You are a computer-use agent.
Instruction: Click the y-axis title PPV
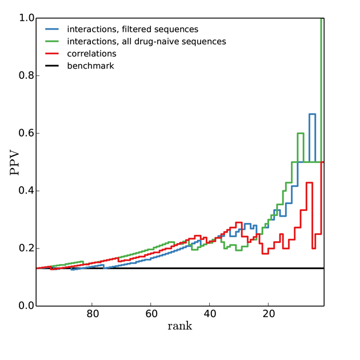(15, 162)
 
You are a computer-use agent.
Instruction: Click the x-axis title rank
(179, 326)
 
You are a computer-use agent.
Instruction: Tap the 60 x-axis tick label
(151, 314)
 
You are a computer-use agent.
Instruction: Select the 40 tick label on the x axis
(210, 314)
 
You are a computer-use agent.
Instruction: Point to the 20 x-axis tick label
(269, 314)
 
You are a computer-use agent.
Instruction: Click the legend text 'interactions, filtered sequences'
(133, 29)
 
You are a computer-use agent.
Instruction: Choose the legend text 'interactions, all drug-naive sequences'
(146, 41)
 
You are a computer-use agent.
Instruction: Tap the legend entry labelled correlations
(91, 54)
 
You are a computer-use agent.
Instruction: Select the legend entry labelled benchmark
(90, 66)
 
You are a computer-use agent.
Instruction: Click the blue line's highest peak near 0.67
(313, 114)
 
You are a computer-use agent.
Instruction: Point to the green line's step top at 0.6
(301, 133)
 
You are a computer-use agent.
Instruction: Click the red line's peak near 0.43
(310, 183)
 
